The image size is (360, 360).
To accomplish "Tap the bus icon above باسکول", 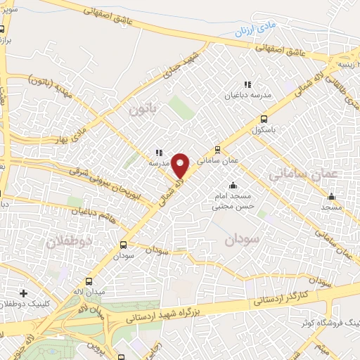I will point(264,118).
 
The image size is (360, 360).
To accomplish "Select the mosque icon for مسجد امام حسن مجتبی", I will point(233,185).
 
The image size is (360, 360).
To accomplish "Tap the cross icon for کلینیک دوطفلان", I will point(23,292).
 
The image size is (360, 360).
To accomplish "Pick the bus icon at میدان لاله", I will point(89,281).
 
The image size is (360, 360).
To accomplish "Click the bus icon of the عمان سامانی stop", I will point(217,149).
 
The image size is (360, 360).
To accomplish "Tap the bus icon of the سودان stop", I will point(124,245).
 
